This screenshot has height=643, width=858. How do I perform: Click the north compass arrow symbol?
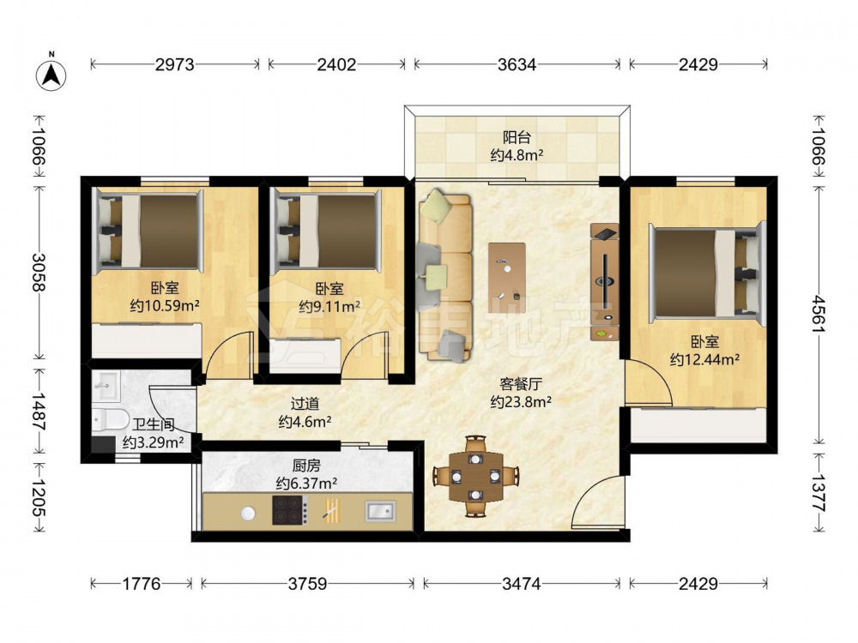(x=51, y=73)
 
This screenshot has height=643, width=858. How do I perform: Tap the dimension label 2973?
(x=174, y=64)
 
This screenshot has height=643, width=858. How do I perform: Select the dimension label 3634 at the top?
(x=517, y=64)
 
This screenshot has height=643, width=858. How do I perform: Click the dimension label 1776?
(x=142, y=584)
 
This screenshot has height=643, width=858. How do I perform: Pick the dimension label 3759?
(x=307, y=584)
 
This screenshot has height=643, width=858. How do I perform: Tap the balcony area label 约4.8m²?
(x=517, y=155)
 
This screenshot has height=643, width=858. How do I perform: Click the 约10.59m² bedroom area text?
(x=165, y=305)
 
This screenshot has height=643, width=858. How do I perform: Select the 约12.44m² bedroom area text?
(x=704, y=359)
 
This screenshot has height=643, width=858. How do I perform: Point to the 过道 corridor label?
(x=305, y=404)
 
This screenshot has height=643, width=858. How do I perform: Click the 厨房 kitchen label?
(x=306, y=466)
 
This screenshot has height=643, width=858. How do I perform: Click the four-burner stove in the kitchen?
(x=289, y=510)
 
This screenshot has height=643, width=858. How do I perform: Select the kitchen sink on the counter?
(x=380, y=511)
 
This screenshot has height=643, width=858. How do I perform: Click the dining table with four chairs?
(x=476, y=476)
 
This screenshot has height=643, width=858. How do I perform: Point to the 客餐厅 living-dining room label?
(x=521, y=384)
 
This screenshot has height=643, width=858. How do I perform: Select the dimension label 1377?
(x=819, y=493)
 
